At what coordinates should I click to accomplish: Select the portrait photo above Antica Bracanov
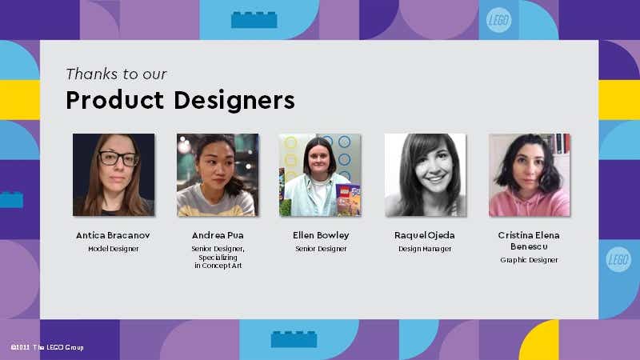pos(114,174)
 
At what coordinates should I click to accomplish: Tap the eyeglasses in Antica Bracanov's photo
pos(118,158)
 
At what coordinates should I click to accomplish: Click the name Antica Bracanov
pos(113,235)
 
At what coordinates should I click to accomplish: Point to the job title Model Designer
pos(113,249)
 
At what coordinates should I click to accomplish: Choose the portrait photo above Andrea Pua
pos(218,174)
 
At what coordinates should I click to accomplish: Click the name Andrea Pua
pos(218,235)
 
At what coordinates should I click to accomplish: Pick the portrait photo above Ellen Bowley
pos(320,174)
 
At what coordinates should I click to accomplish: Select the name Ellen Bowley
pos(321,235)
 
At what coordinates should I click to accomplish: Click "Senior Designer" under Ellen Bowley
pos(321,249)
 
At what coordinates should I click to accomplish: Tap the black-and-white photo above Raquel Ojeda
pos(425,174)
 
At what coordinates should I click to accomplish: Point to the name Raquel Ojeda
pos(425,235)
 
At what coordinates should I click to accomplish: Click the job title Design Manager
pos(425,249)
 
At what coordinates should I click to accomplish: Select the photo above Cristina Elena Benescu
pos(529,174)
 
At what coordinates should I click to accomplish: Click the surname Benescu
pos(529,246)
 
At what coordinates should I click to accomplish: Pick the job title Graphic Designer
pos(529,260)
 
